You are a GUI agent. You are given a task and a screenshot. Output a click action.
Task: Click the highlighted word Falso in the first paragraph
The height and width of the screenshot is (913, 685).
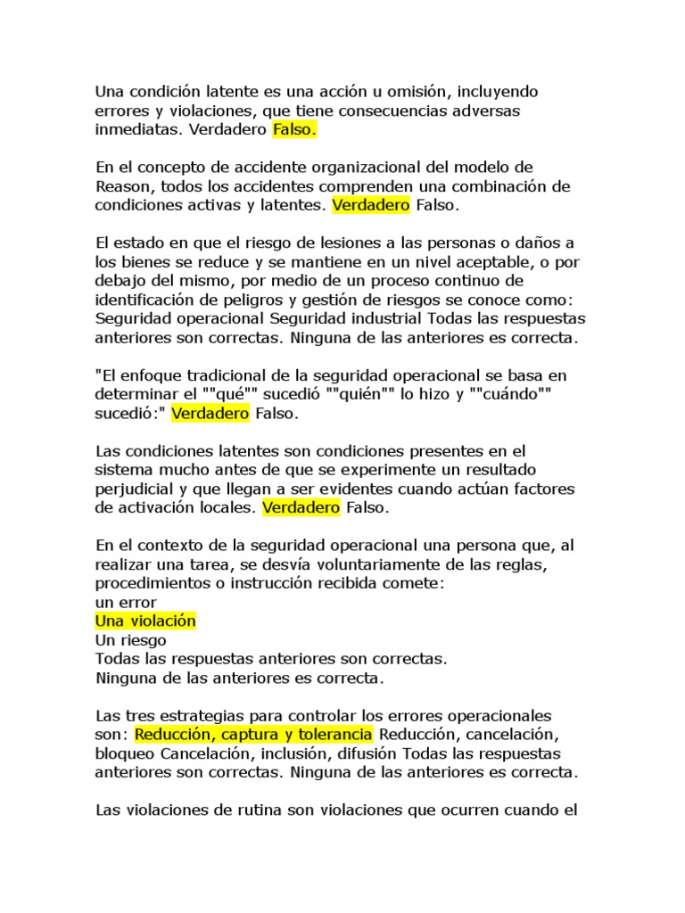pyautogui.click(x=294, y=130)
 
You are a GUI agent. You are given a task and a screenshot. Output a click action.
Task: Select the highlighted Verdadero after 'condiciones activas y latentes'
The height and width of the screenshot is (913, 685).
pyautogui.click(x=371, y=206)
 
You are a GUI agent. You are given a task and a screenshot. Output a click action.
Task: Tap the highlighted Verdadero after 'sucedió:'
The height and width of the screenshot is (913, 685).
pyautogui.click(x=210, y=414)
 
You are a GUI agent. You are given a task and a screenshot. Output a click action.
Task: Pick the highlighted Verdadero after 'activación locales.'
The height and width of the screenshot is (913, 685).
pyautogui.click(x=301, y=508)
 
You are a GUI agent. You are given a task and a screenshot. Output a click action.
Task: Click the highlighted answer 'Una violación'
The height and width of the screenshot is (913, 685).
pyautogui.click(x=145, y=621)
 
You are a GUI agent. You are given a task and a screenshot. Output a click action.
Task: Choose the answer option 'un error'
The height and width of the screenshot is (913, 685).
pyautogui.click(x=126, y=602)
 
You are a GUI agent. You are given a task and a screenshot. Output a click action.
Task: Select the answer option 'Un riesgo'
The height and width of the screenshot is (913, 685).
pyautogui.click(x=130, y=640)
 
